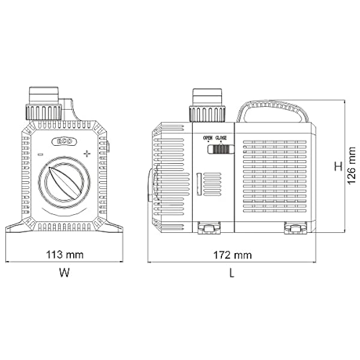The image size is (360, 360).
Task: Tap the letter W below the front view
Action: tap(65, 273)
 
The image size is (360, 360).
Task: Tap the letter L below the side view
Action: tap(232, 273)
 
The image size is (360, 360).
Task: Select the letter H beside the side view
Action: tap(338, 166)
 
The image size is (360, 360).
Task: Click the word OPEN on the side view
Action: tap(208, 138)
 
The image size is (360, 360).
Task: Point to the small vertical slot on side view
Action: tap(197, 183)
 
